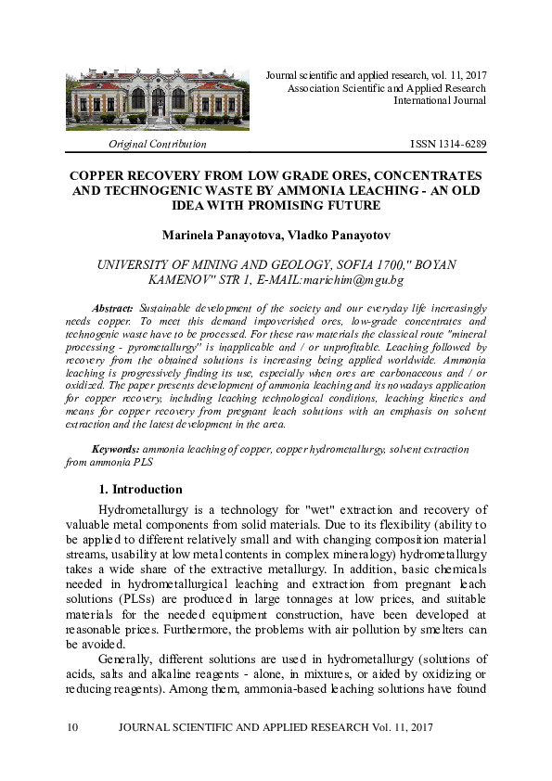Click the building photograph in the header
[158, 98]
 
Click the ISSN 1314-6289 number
[448, 145]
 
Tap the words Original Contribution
[158, 145]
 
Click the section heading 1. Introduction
[140, 489]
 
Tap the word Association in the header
[315, 86]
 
